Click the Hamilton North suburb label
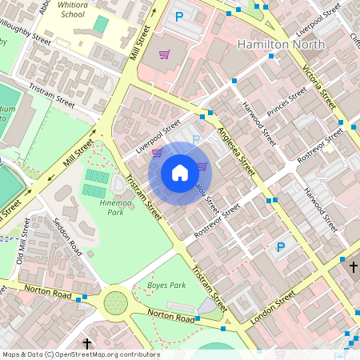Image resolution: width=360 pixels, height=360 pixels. (x=281, y=45)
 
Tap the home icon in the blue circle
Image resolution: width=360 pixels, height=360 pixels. (x=180, y=173)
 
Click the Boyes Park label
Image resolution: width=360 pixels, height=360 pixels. (x=166, y=285)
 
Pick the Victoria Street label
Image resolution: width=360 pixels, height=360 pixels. (x=318, y=87)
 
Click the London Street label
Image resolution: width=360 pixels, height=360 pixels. (x=274, y=305)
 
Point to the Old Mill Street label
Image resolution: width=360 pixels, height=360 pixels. (x=25, y=241)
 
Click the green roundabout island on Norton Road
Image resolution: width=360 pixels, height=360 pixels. (x=116, y=303)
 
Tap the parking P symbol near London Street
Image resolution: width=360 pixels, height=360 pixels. (x=280, y=247)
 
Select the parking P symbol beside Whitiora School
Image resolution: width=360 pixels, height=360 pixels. (x=179, y=16)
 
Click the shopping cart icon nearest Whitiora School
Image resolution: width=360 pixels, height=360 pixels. (x=164, y=55)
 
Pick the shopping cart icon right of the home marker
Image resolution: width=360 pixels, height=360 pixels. (x=202, y=166)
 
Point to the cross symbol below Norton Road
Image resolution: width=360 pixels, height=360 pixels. (x=87, y=343)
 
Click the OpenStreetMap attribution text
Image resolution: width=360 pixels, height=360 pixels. (x=80, y=354)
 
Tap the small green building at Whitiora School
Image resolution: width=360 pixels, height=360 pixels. (x=100, y=25)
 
